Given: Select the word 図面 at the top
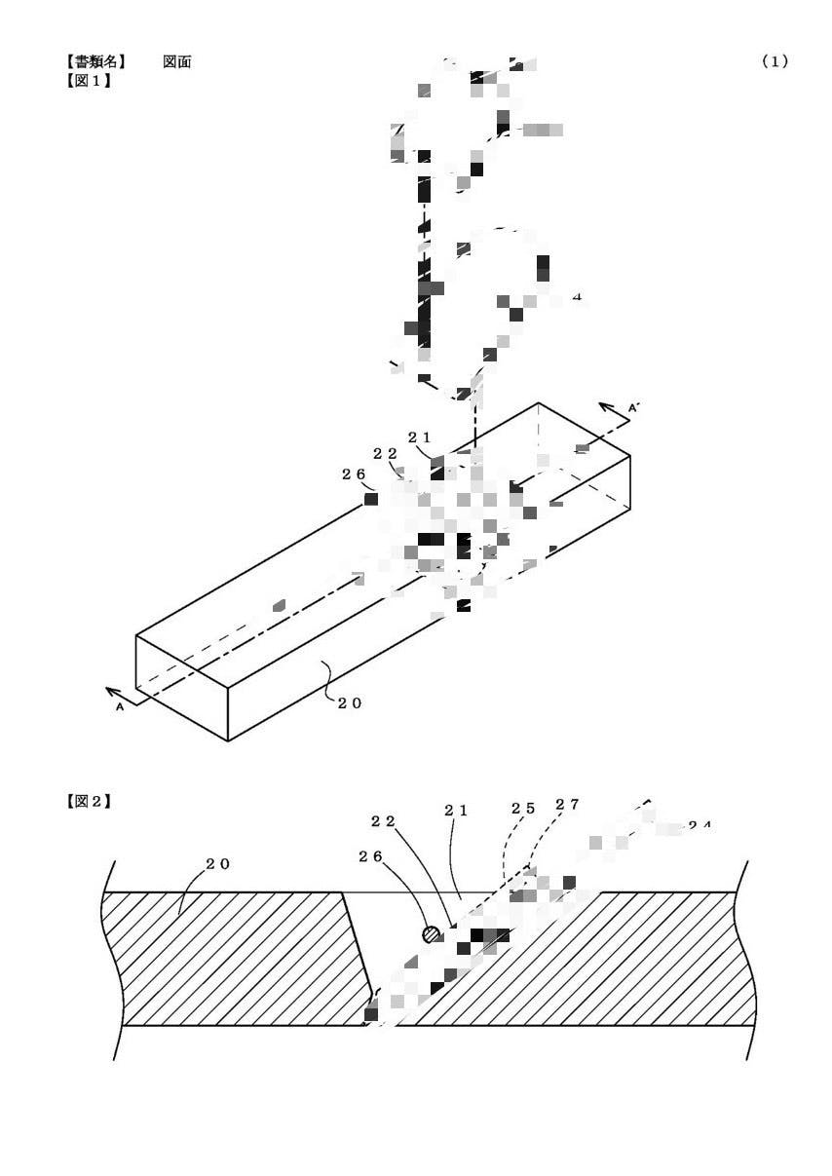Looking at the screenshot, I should point(177,61).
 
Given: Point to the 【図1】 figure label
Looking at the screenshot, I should point(88,80).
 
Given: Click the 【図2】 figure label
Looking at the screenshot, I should point(88,802).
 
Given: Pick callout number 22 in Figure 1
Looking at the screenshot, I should point(385,454).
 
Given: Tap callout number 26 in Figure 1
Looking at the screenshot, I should point(353,474).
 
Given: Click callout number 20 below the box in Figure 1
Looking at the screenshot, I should point(350,703).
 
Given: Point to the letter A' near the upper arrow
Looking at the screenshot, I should point(632,408).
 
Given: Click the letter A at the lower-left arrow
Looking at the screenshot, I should point(120,709).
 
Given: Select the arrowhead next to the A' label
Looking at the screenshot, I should point(605,408).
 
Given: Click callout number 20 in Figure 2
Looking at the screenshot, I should point(217,864).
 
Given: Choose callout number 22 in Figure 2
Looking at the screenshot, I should point(383,821).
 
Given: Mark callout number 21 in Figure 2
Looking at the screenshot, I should point(457,811).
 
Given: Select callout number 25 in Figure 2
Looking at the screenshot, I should point(523,809).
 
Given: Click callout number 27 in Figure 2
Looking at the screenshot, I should point(567,805).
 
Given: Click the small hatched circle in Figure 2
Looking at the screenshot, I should point(431,934).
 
